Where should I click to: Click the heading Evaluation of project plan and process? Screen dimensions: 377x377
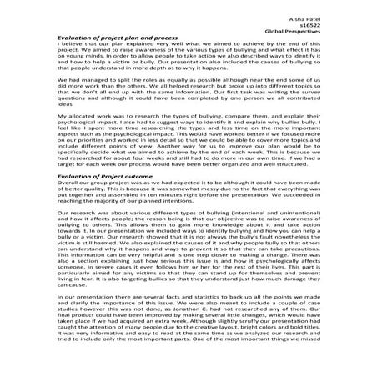[100, 39]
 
